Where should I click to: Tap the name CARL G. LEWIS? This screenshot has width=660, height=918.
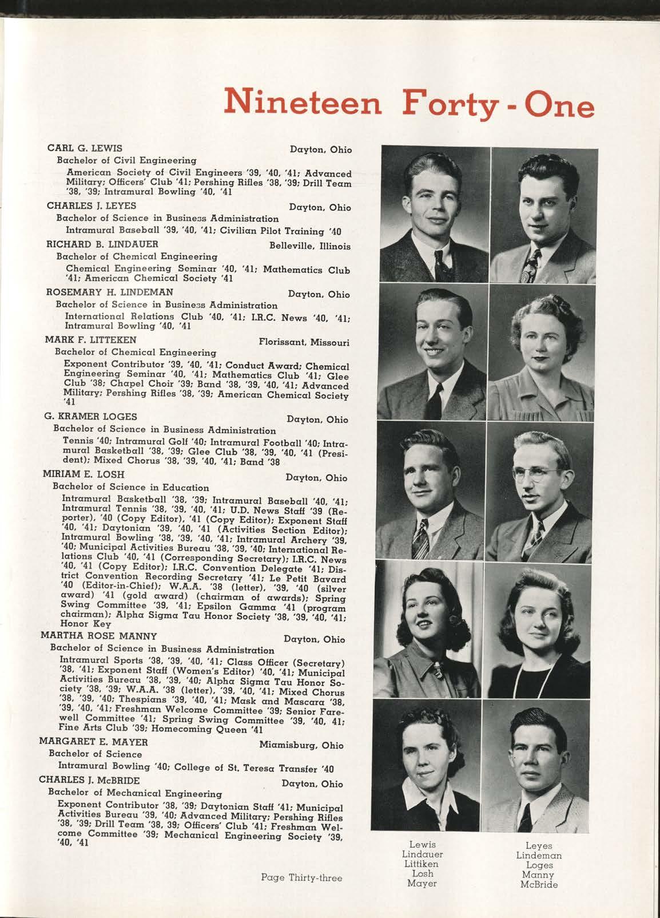(84, 149)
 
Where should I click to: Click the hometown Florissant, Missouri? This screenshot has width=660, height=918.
(303, 343)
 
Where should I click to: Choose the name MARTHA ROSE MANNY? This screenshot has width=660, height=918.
(99, 636)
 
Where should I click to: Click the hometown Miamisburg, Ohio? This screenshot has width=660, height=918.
(301, 746)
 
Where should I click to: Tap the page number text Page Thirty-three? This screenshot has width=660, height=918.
(301, 877)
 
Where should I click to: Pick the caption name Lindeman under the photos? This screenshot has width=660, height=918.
(539, 856)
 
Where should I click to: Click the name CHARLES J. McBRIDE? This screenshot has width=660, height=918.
(89, 780)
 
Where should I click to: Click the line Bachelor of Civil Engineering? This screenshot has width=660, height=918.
(126, 161)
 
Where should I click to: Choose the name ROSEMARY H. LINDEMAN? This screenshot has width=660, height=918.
(101, 292)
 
